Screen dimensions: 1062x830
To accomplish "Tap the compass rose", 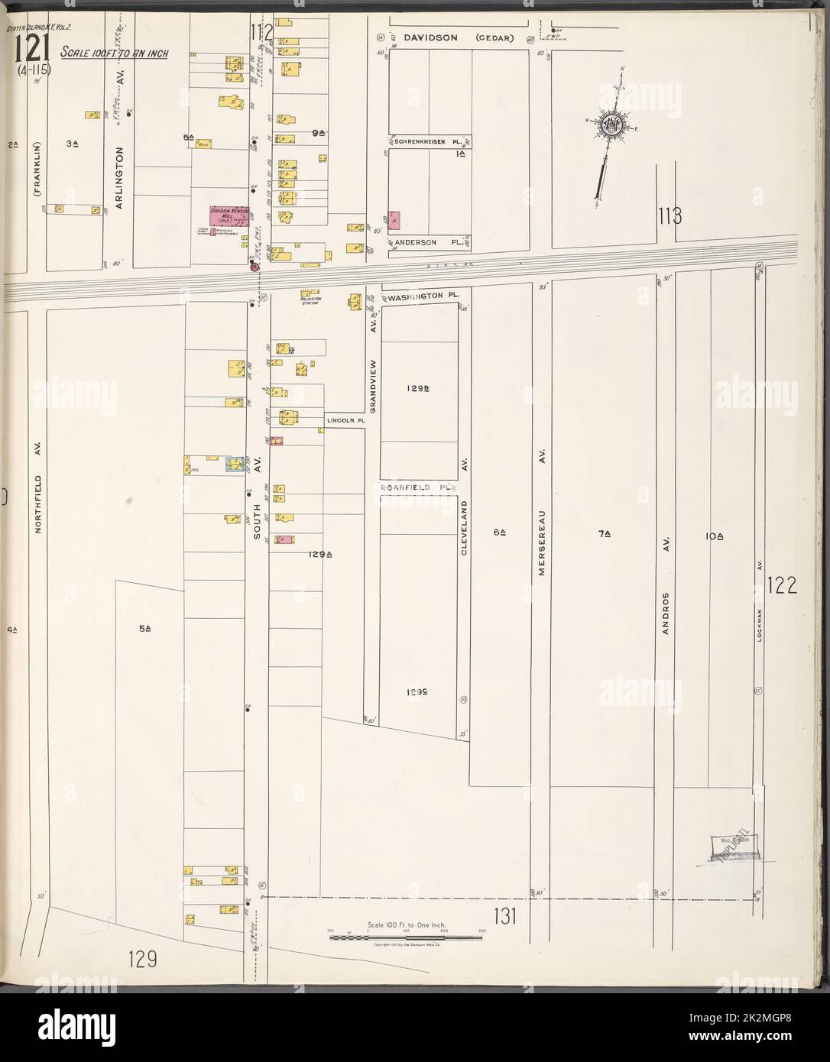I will (x=612, y=125).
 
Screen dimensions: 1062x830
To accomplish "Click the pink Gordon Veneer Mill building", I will (x=226, y=217).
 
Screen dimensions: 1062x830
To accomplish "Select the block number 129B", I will (x=417, y=388).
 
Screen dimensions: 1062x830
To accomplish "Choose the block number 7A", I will (x=604, y=535).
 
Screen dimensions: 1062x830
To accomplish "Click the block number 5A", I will (x=145, y=628).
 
